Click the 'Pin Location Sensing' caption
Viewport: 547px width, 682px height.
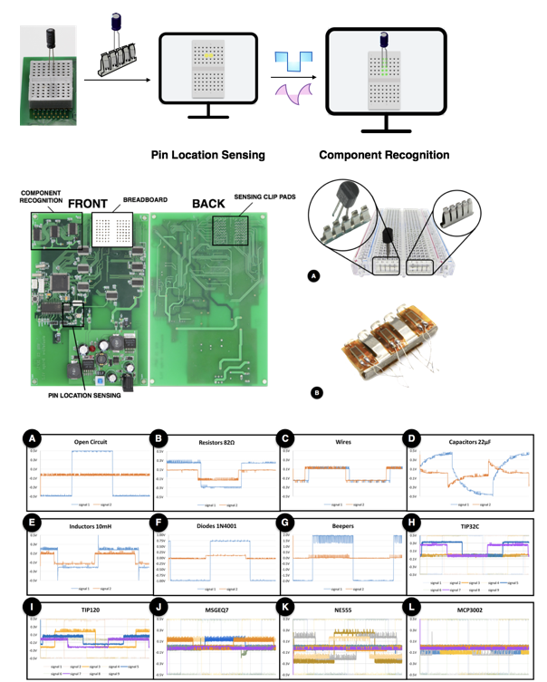click(x=207, y=155)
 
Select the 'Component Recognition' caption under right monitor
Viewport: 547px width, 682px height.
click(x=384, y=155)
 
